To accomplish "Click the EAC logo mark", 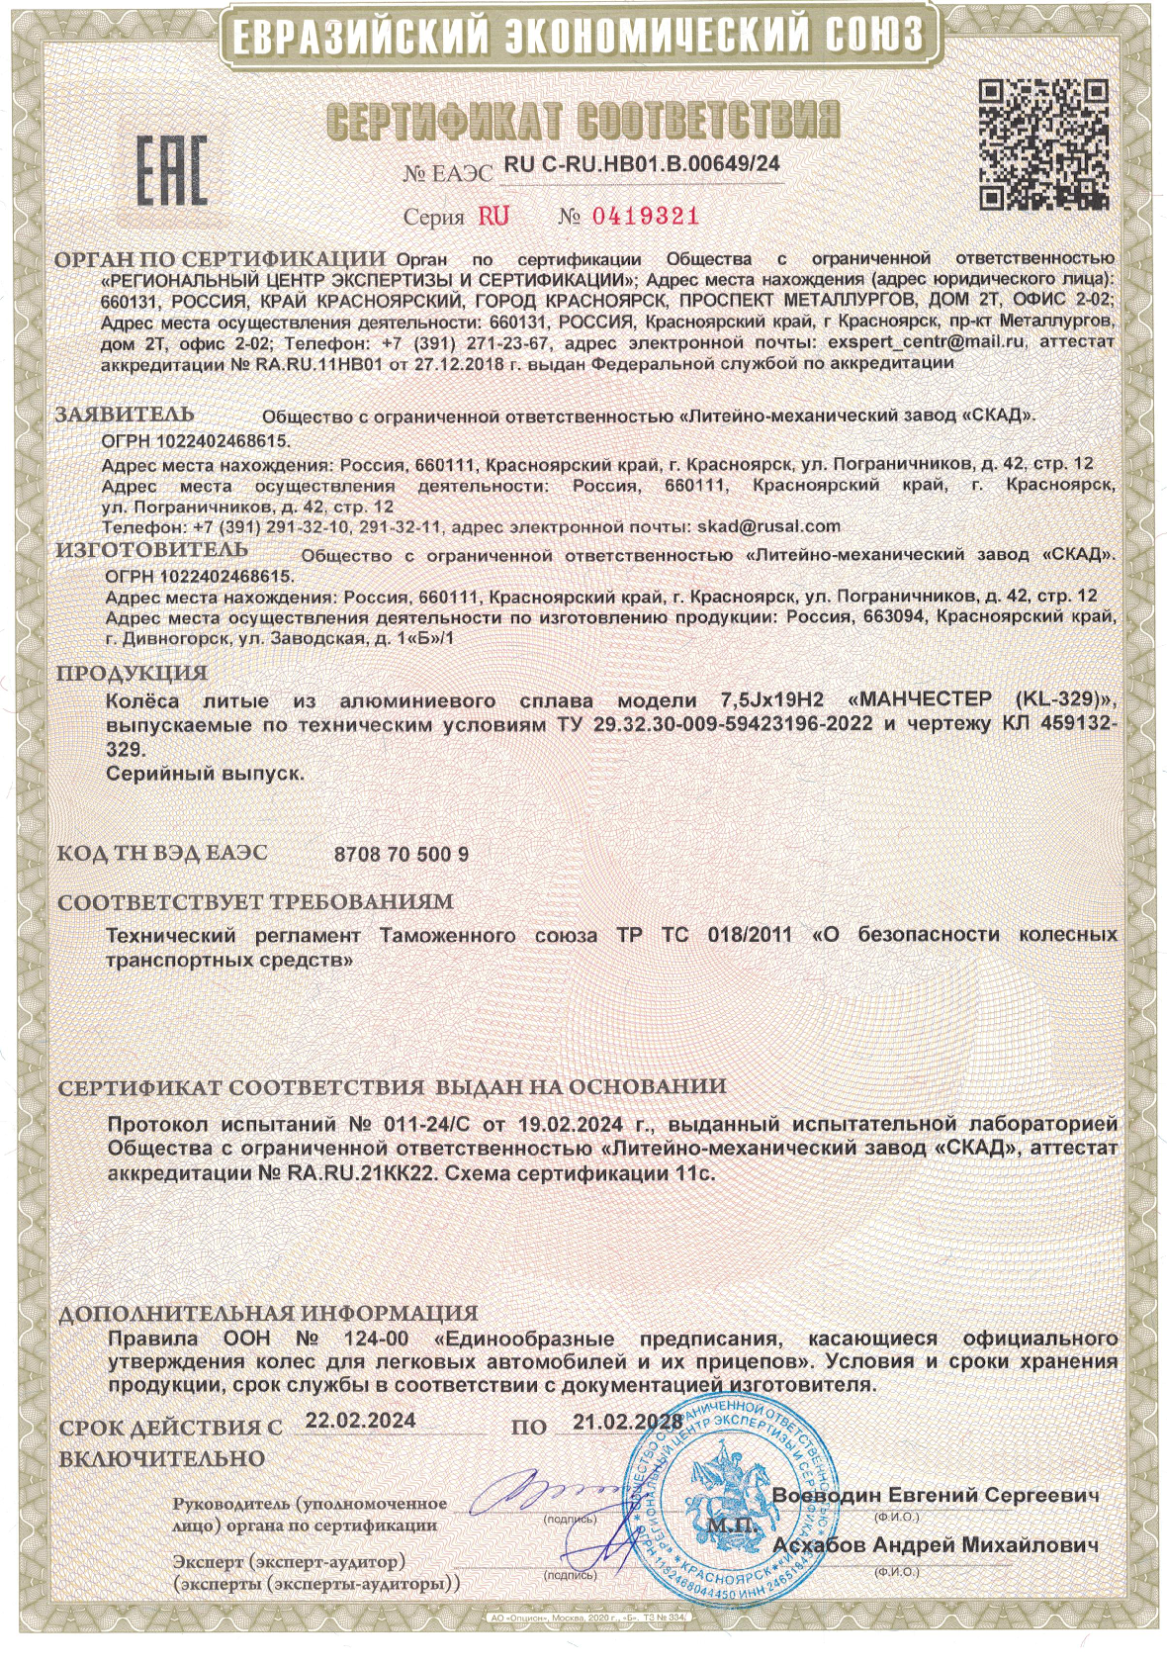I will click(171, 170).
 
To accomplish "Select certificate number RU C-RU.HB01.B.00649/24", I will click(641, 165).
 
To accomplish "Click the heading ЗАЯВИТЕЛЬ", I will click(125, 415).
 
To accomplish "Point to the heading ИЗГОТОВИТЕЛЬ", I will click(151, 550).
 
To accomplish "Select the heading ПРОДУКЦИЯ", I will click(132, 674).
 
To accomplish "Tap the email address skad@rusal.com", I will click(768, 526).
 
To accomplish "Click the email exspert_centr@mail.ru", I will click(928, 341).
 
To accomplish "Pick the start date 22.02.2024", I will click(360, 1421).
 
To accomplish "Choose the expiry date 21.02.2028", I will click(627, 1423).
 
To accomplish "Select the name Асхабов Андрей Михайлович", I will click(936, 1545).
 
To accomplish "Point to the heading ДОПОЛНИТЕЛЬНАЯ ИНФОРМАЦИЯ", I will click(268, 1314).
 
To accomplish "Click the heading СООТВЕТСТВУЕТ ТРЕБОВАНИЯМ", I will click(255, 902).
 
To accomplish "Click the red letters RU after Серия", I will click(494, 217).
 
